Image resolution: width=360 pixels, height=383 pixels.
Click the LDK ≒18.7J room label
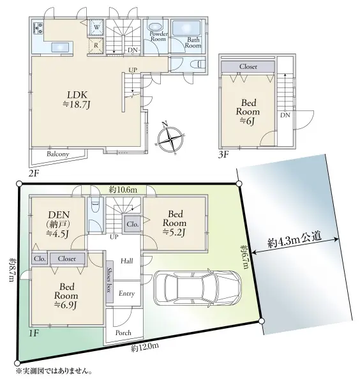point(77,100)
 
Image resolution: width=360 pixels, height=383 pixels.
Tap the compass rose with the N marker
point(170,139)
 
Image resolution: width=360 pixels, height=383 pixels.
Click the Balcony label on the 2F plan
point(57,154)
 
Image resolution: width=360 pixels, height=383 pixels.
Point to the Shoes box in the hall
point(109,281)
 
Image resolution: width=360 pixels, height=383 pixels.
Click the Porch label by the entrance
point(123,333)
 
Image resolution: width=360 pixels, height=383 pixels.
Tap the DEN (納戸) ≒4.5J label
point(59,224)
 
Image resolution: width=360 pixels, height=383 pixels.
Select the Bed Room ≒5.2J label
point(175,223)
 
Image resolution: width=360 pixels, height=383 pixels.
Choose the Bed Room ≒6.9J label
point(66,296)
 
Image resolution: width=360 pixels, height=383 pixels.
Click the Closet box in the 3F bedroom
point(248,66)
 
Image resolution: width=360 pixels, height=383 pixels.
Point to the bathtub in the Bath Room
point(186,28)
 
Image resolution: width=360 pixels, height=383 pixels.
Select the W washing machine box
point(96,27)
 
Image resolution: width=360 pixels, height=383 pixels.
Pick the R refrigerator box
point(96,45)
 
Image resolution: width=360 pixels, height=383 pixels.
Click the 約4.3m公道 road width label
point(294,240)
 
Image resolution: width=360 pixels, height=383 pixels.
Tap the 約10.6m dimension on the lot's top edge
point(123,190)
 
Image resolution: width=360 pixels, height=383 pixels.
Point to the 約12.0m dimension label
point(145,347)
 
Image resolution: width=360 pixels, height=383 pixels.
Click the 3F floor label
point(223,154)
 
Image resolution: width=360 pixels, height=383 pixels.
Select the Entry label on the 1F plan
point(127,293)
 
